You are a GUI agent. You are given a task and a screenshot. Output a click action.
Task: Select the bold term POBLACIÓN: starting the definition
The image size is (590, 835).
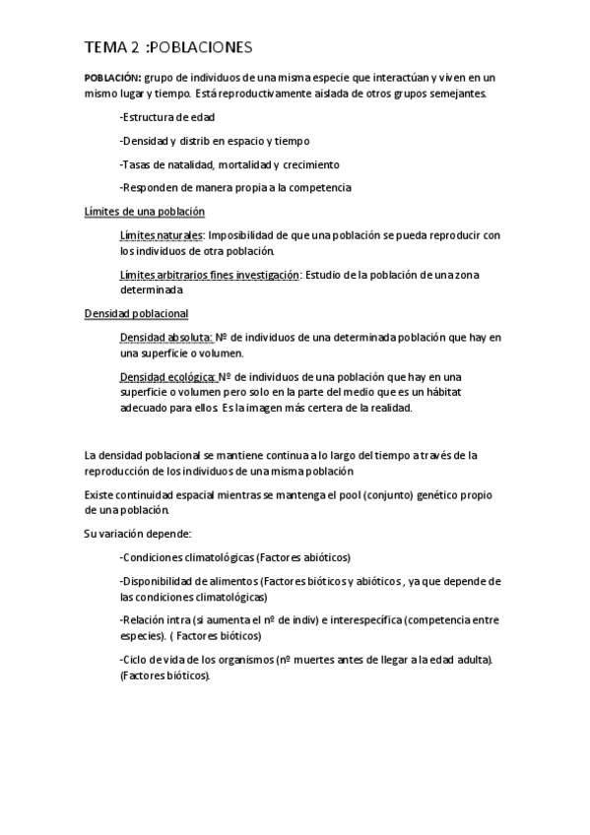112,77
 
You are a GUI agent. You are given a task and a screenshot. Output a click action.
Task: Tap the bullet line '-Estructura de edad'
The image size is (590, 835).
167,118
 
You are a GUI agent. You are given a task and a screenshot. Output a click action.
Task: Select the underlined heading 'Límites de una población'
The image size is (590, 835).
145,212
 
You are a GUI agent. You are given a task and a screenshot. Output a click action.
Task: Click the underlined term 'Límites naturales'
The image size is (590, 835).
162,235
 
